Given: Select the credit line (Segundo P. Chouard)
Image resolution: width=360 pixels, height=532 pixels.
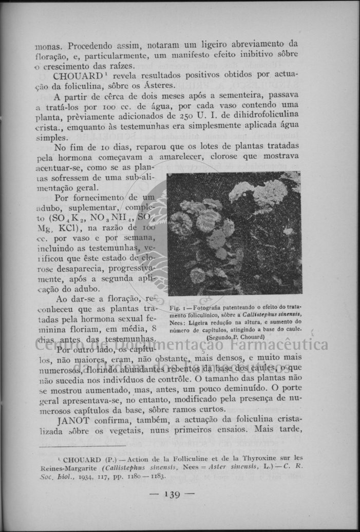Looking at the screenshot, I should pyautogui.click(x=235, y=337).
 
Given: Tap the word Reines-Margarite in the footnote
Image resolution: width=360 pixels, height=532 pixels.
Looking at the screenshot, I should pyautogui.click(x=67, y=467).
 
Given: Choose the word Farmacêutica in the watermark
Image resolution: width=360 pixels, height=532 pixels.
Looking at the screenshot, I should pyautogui.click(x=280, y=344).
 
